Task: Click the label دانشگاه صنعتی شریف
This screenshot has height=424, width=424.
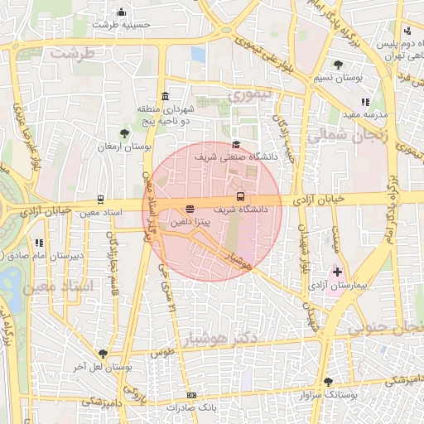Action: [x=235, y=156]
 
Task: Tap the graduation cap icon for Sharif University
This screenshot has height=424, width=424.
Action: [x=236, y=143]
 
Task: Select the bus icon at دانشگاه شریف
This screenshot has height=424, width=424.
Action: [x=240, y=197]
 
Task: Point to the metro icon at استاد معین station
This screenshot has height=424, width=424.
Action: [x=100, y=199]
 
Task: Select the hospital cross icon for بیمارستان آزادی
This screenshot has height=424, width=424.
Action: [x=336, y=272]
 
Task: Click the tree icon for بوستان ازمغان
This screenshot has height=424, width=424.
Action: [x=124, y=132]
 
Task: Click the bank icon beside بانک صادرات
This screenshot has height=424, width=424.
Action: [x=192, y=396]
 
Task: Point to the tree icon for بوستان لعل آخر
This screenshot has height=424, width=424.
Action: [x=102, y=354]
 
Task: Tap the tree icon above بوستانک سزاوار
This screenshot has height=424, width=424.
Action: [x=329, y=382]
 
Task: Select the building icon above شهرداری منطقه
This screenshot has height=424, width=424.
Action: [x=166, y=95]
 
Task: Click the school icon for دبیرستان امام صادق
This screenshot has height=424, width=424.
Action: [x=38, y=243]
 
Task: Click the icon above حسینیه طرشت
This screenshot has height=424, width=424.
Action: [x=122, y=12]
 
